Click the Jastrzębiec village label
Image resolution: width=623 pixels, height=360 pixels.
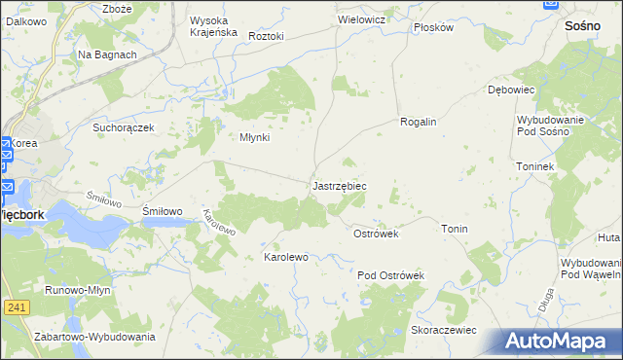point(339,185)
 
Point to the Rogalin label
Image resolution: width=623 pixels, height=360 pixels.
point(418,122)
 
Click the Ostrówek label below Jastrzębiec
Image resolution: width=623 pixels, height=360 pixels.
point(376,234)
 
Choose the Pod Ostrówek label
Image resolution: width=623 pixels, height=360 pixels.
point(391,275)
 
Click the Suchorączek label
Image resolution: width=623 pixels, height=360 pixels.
point(124,127)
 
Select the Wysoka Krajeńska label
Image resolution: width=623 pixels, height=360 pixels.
point(213,26)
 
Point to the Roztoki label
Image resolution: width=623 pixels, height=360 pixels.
point(266,36)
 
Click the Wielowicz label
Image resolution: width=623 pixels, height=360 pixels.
point(362,19)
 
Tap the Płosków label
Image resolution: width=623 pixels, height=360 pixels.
point(434,27)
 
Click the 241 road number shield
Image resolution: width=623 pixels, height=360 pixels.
point(16,307)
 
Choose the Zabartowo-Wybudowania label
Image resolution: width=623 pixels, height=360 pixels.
point(94,337)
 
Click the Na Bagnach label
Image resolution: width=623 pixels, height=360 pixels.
point(107,54)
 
